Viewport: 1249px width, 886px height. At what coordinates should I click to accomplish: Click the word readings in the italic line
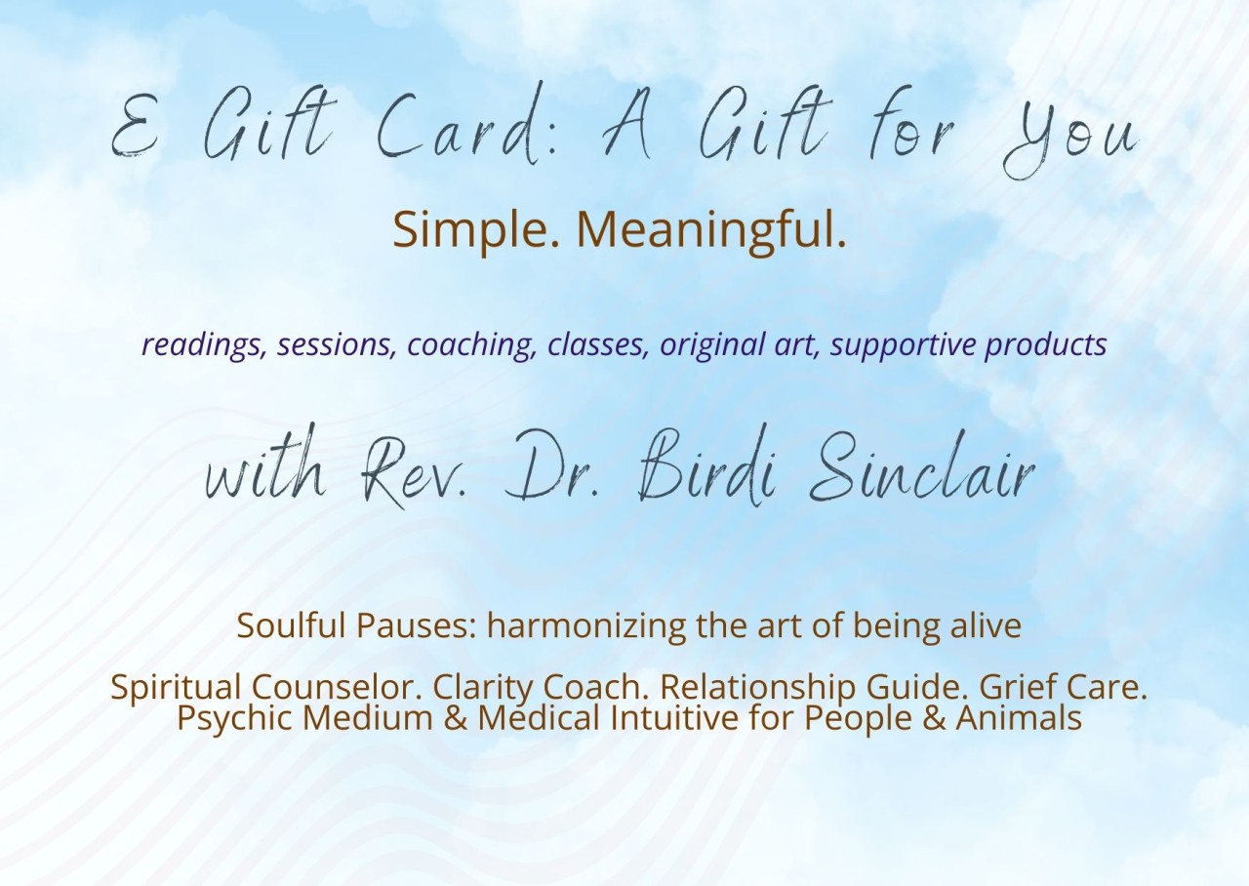click(203, 345)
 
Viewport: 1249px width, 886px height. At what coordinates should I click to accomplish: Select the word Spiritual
click(175, 687)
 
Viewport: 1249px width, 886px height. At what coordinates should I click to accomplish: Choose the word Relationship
click(758, 687)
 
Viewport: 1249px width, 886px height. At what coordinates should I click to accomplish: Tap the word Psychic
click(235, 718)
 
